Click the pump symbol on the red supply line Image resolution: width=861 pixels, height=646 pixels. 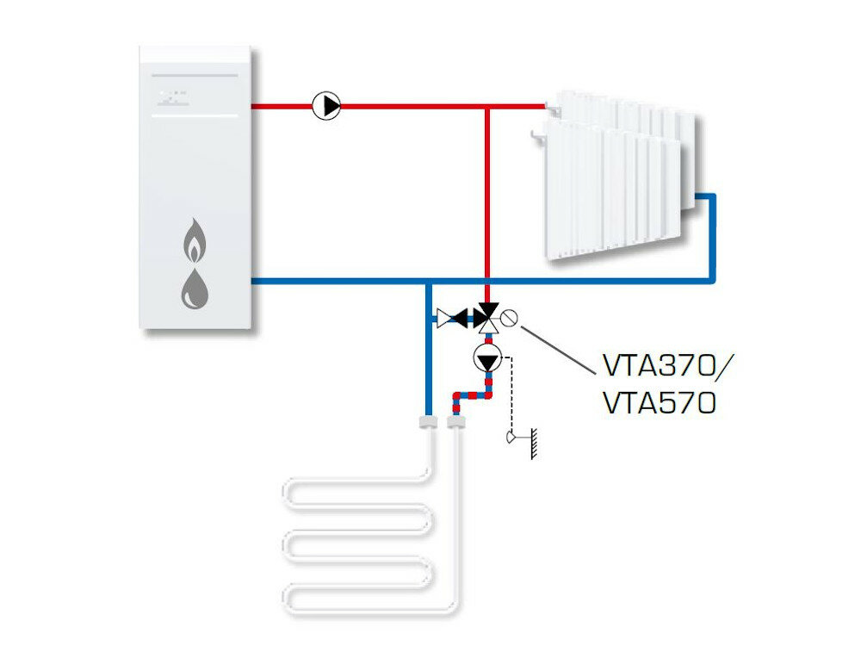(x=326, y=106)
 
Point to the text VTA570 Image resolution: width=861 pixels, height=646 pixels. (x=659, y=403)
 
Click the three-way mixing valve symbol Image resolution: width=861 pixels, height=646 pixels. (x=488, y=317)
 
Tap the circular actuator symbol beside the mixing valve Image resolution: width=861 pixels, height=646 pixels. (x=510, y=318)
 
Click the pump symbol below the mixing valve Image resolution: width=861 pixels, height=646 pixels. (x=488, y=357)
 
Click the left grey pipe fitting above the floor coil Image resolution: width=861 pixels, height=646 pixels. (x=427, y=422)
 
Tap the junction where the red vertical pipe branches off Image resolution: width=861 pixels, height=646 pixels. (x=487, y=107)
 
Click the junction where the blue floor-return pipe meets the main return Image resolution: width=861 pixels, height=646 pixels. (x=427, y=281)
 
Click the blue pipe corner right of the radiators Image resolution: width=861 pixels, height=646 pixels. (x=711, y=197)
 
